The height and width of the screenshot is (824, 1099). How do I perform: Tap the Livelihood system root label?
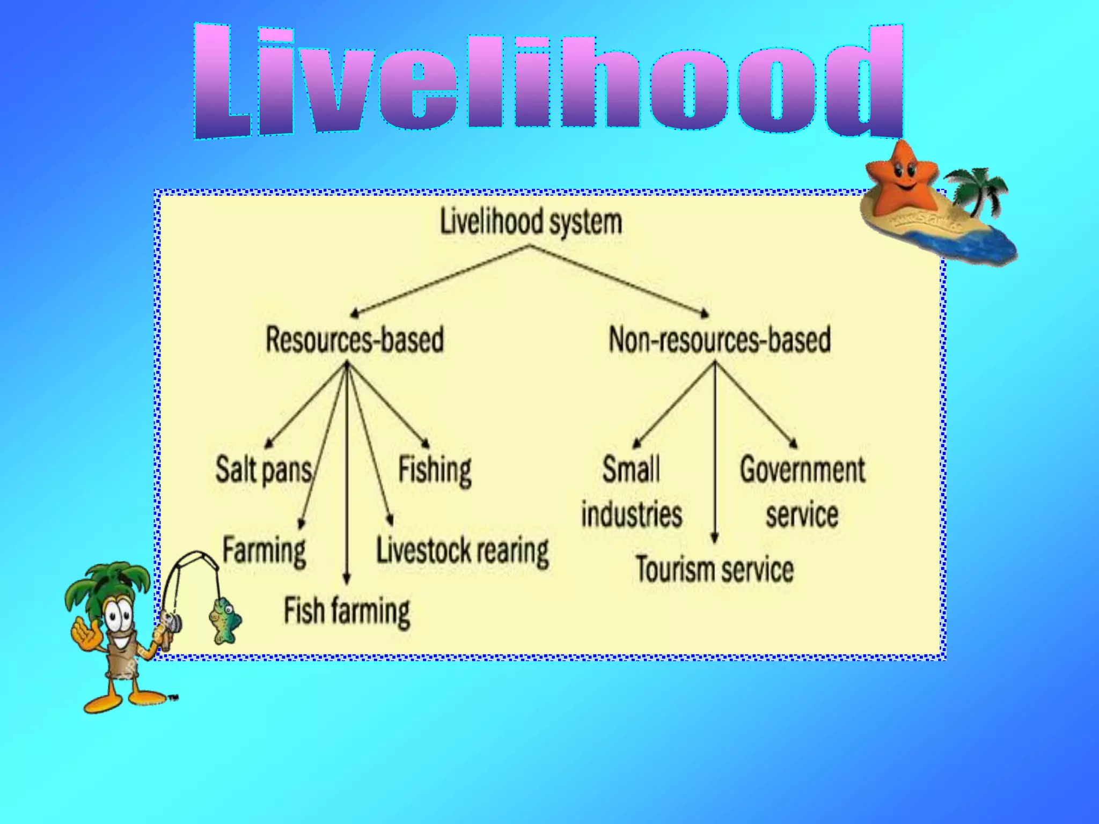[x=531, y=222]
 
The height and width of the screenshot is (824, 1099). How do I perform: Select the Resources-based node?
[x=355, y=340]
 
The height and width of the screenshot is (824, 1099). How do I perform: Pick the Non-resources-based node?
[x=720, y=340]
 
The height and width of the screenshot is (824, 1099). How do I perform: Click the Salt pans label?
[x=263, y=470]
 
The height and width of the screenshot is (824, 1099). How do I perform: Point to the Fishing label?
[x=435, y=470]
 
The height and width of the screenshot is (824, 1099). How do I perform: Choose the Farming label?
[x=264, y=551]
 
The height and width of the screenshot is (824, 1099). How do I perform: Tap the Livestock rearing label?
[x=463, y=551]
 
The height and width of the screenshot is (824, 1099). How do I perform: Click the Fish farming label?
[x=347, y=611]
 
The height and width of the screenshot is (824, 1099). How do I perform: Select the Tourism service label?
[x=714, y=569]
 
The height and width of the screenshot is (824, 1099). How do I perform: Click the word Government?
[x=802, y=470]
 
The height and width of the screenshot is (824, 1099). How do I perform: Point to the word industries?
[x=632, y=514]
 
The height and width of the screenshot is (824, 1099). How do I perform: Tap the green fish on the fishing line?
[x=224, y=620]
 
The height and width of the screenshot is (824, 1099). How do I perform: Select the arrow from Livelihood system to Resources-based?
[x=440, y=281]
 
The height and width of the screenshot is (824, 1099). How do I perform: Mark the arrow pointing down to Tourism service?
[x=714, y=456]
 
